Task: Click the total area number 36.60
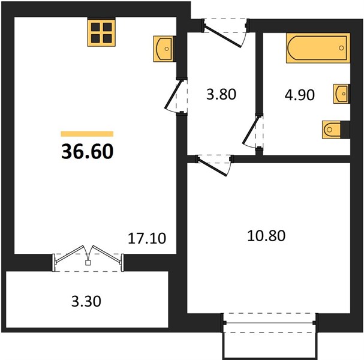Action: pyautogui.click(x=88, y=151)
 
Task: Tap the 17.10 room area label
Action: pyautogui.click(x=147, y=238)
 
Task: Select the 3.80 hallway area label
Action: pyautogui.click(x=221, y=95)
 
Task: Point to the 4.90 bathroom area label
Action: pyautogui.click(x=300, y=95)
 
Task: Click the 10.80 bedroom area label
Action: pyautogui.click(x=266, y=236)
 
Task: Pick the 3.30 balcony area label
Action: pyautogui.click(x=86, y=301)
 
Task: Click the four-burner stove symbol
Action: pyautogui.click(x=101, y=33)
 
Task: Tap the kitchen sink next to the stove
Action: pyautogui.click(x=164, y=49)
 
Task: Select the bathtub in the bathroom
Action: pyautogui.click(x=318, y=48)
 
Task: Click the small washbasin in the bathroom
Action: pyautogui.click(x=341, y=94)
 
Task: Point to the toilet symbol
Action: pyautogui.click(x=331, y=130)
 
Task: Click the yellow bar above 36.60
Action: pyautogui.click(x=87, y=134)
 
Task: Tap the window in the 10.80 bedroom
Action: pyautogui.click(x=270, y=323)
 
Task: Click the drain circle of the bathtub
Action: pyautogui.click(x=341, y=48)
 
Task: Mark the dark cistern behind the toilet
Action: pyautogui.click(x=345, y=130)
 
